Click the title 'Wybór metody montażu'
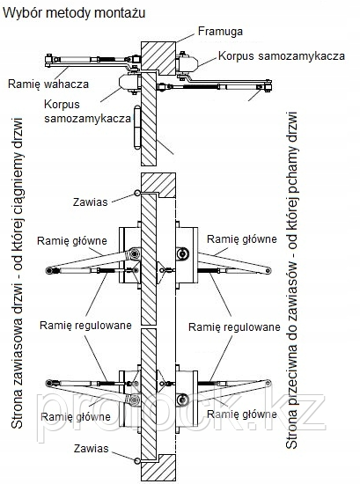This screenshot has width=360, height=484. click(74, 13)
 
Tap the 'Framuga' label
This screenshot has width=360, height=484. click(220, 32)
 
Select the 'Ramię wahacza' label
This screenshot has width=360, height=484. click(48, 84)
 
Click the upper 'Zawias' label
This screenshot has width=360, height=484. click(90, 202)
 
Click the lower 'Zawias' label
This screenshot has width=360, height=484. click(91, 449)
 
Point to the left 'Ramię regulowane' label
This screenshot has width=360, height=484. click(85, 326)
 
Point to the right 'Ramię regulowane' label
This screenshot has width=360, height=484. click(234, 327)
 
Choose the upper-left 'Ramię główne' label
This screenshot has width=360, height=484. click(72, 241)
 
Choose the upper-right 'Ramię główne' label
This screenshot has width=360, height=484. click(242, 238)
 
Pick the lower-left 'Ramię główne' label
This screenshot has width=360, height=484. click(76, 417)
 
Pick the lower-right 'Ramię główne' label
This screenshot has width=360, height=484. click(242, 414)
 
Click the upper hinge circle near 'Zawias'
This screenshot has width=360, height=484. click(137, 194)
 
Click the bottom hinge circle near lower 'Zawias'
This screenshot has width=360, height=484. click(137, 460)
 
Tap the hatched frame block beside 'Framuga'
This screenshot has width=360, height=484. click(158, 58)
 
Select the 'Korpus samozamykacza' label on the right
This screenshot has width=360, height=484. click(282, 56)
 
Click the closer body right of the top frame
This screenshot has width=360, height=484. click(187, 63)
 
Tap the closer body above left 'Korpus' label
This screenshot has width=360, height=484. click(129, 83)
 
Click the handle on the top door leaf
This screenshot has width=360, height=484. click(137, 128)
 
